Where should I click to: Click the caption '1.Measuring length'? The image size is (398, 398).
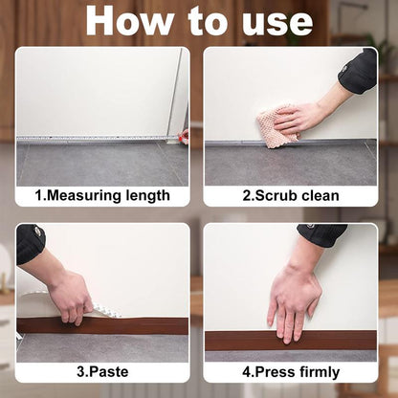102,196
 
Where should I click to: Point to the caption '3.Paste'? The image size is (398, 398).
102,372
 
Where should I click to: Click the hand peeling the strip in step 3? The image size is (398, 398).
70,294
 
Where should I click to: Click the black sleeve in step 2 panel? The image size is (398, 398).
359,72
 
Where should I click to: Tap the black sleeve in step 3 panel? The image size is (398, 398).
30,243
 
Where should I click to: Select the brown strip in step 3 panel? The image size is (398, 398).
134,325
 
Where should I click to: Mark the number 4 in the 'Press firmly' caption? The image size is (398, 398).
247,372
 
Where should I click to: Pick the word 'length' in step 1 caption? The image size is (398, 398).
147,196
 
